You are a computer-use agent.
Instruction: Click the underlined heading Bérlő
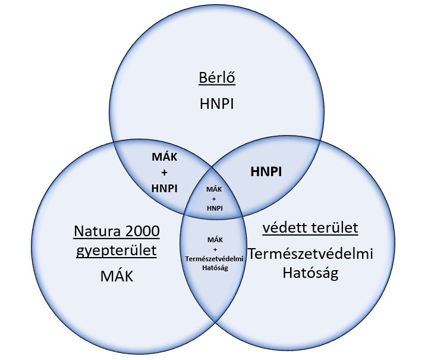point(217,77)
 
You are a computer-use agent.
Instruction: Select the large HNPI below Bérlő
point(217,104)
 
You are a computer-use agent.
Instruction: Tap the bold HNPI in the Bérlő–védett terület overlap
point(266,172)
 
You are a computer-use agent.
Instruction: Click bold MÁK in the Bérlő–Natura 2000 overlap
point(164,156)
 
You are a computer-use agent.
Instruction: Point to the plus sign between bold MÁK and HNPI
point(164,173)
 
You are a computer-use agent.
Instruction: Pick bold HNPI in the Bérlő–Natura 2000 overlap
point(164,189)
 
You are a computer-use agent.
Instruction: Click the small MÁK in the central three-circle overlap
point(214,189)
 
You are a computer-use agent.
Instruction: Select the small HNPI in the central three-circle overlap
point(215,208)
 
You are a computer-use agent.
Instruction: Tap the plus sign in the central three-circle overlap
point(214,199)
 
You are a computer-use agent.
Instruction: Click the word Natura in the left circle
point(97,231)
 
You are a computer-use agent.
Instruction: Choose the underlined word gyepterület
point(117,251)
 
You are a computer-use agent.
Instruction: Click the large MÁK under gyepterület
point(117,276)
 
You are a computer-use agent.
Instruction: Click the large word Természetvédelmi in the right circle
point(310,253)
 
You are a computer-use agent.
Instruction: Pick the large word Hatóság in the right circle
point(310,273)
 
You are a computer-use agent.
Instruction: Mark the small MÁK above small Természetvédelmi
point(215,240)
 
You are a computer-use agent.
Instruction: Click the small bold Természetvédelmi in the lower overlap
point(214,259)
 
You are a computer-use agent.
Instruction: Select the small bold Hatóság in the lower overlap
point(215,268)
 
